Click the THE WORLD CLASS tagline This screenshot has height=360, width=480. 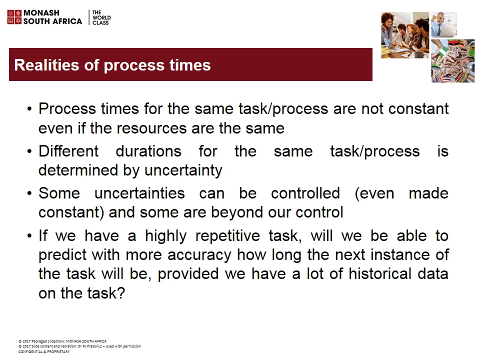point(100,17)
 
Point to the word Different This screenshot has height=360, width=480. point(68,151)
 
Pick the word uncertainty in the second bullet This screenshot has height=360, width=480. point(183,170)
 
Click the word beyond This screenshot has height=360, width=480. point(234,212)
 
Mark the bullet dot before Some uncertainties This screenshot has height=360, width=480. point(30,193)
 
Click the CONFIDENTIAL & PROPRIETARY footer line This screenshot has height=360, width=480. point(44,352)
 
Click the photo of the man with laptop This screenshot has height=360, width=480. point(444,25)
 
